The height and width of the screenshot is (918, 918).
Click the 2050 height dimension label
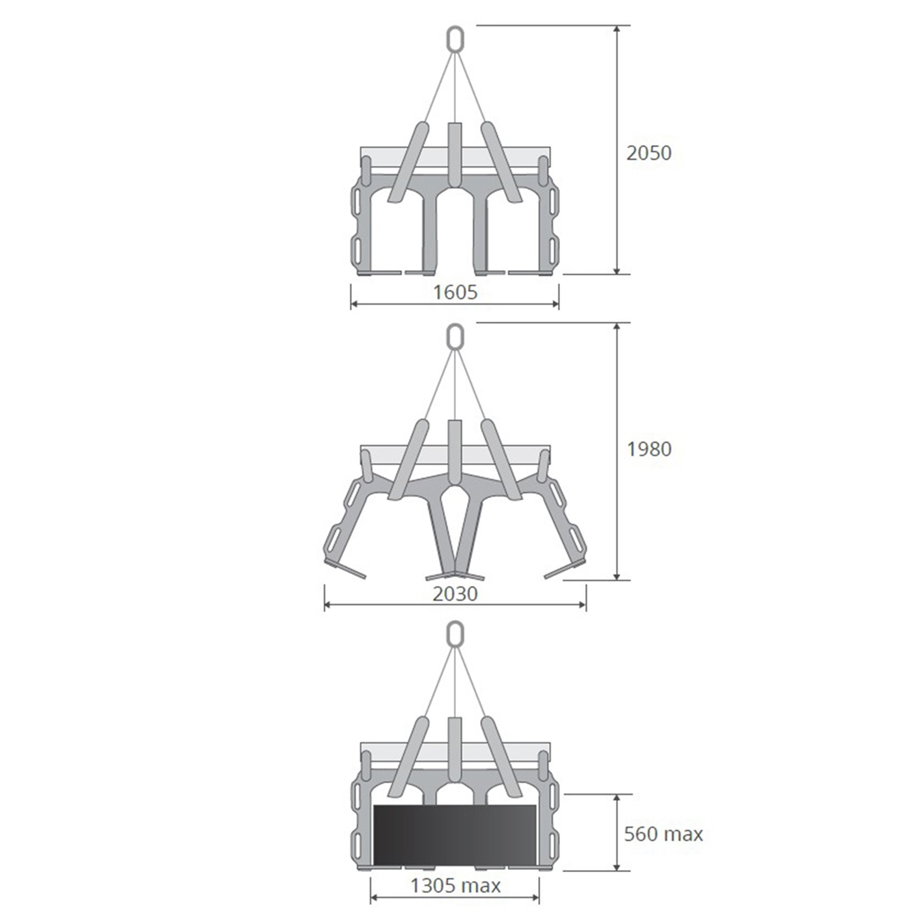[649, 153]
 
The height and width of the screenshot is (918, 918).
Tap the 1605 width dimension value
[455, 292]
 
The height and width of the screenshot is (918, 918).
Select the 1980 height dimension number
[649, 449]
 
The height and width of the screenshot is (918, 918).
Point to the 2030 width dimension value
[455, 594]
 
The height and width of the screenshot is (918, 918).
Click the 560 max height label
[664, 834]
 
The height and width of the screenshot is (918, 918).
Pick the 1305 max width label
[455, 885]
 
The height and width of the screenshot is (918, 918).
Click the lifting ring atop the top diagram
[455, 39]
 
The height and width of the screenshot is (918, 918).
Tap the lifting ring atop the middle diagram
[455, 336]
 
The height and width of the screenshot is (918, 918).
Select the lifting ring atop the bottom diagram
[455, 634]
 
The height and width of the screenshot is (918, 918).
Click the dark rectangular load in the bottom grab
[455, 834]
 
